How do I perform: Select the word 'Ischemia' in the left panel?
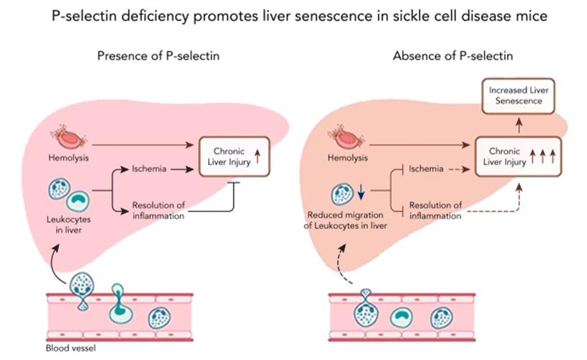pyautogui.click(x=149, y=171)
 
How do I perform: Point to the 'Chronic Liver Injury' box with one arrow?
pyautogui.click(x=235, y=156)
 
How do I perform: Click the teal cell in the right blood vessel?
pyautogui.click(x=402, y=318)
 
